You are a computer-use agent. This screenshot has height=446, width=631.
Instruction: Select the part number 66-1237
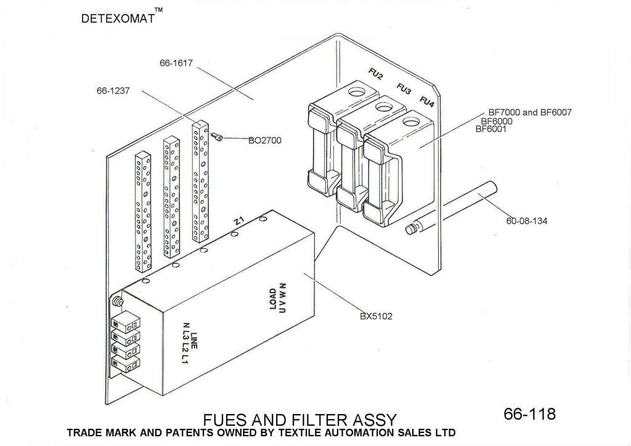113,90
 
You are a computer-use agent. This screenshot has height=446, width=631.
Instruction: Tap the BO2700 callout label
264,140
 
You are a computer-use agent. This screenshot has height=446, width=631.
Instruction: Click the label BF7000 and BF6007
531,113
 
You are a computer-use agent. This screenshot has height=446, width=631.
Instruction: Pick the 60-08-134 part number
527,221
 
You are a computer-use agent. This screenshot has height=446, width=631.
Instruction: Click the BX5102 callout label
377,317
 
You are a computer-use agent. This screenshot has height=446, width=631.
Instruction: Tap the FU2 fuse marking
375,76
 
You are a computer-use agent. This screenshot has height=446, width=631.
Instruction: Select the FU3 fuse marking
404,89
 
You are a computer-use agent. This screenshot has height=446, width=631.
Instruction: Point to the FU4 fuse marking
427,100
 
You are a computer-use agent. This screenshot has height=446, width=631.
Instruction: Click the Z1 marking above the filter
240,221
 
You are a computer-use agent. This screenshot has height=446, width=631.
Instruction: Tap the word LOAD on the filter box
273,300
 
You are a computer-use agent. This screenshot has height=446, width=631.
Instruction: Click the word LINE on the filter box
193,341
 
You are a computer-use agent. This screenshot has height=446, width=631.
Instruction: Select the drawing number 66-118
529,413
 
